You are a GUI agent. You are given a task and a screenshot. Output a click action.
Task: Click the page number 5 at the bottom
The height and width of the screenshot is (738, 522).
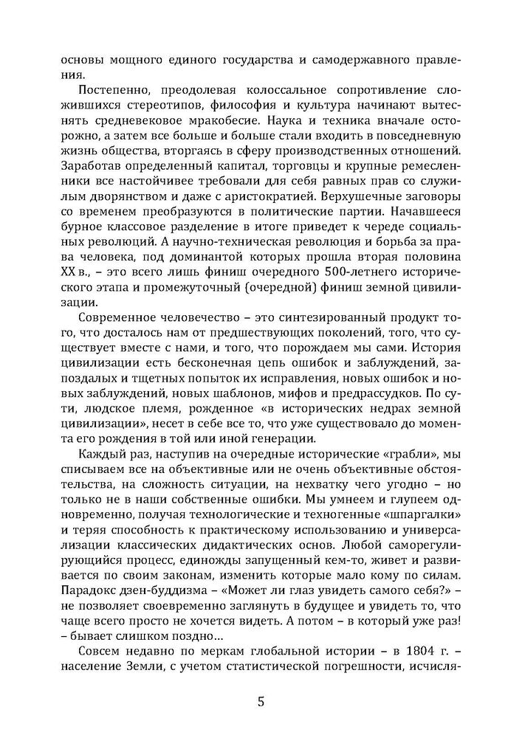(261, 701)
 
